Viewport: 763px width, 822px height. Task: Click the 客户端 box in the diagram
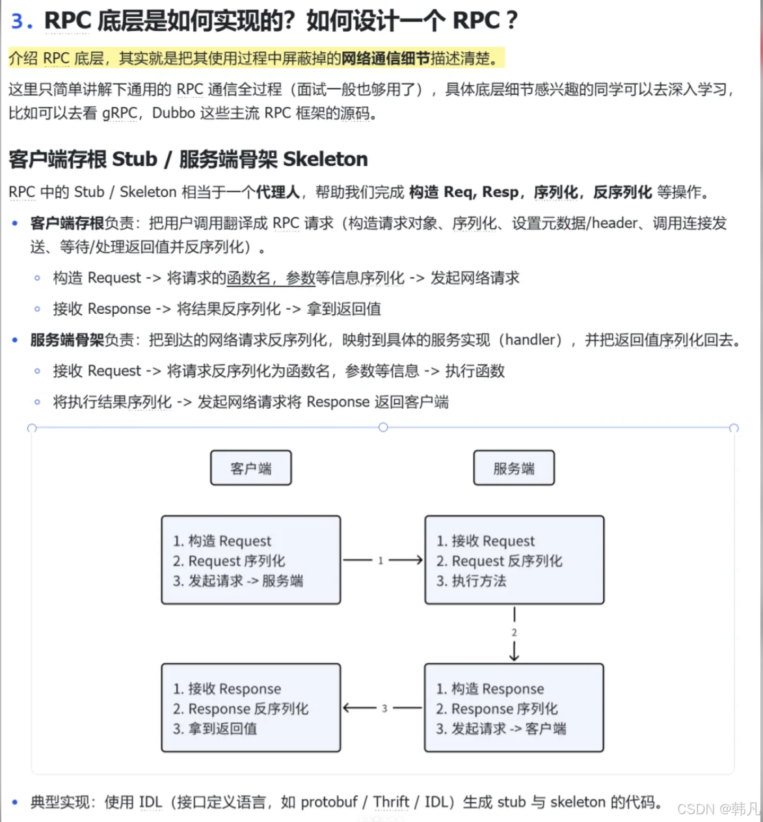pos(250,468)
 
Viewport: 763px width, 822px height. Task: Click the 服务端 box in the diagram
pos(513,468)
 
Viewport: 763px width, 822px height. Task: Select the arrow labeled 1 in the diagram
pos(382,560)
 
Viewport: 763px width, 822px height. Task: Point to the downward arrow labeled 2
pos(514,633)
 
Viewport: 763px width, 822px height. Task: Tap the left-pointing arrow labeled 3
pos(382,707)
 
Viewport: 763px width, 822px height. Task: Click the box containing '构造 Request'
pos(250,560)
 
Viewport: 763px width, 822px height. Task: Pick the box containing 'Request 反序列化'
pos(514,560)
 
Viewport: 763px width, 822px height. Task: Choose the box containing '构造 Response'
pos(514,707)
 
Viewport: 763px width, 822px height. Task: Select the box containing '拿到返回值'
pos(250,707)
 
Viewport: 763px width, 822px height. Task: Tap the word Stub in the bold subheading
pos(135,159)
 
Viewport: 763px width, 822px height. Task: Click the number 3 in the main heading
pos(18,21)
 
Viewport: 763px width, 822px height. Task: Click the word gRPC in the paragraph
pos(120,113)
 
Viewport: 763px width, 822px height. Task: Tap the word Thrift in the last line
pos(391,802)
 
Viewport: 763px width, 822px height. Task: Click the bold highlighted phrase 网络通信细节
pos(386,59)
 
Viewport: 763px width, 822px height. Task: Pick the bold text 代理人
pos(278,192)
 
